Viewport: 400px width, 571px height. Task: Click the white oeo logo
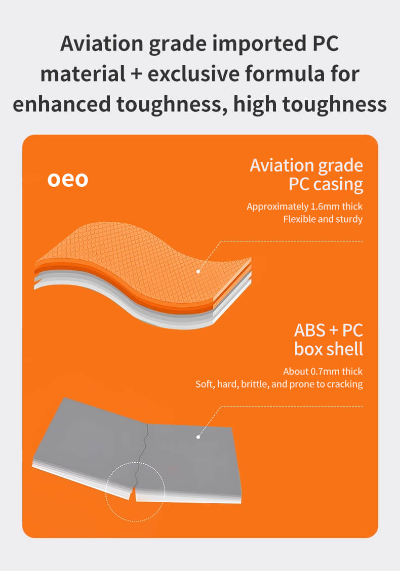click(x=68, y=180)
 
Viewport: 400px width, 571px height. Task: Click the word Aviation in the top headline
click(x=102, y=44)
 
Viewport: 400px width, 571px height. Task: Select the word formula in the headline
click(x=285, y=73)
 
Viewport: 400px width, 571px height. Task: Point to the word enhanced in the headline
click(x=62, y=104)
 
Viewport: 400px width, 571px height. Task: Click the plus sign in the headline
click(x=136, y=74)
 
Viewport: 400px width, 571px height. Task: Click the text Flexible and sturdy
click(x=323, y=219)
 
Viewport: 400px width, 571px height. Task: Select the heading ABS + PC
click(x=328, y=330)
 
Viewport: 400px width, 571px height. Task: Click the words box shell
click(x=329, y=349)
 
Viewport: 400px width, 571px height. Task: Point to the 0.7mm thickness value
click(x=325, y=372)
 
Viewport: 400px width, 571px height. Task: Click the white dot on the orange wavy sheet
click(x=198, y=271)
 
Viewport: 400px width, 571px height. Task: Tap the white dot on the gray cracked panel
click(x=198, y=437)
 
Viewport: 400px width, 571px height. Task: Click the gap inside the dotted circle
click(x=133, y=493)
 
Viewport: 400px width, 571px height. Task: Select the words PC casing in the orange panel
click(x=326, y=184)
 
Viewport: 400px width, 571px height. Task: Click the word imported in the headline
click(x=260, y=44)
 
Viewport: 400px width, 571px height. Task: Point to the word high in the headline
click(x=255, y=104)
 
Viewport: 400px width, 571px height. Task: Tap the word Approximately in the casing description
click(x=277, y=207)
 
